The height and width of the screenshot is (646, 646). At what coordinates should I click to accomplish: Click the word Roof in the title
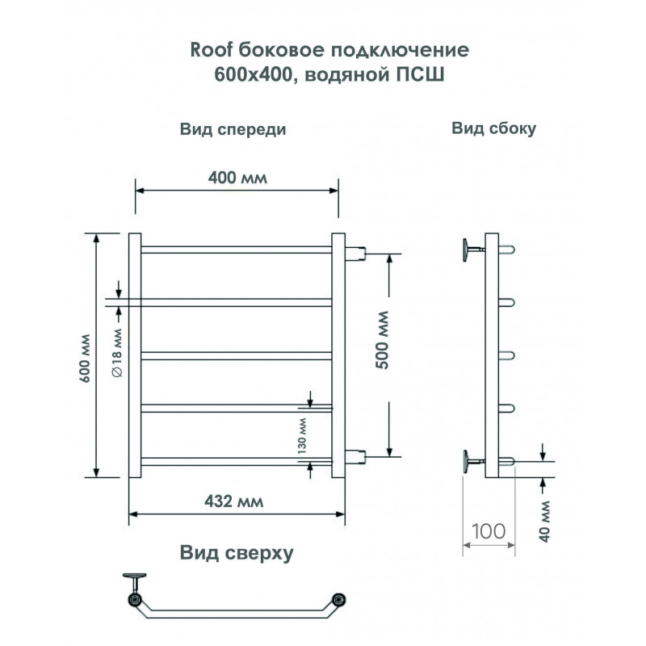211,50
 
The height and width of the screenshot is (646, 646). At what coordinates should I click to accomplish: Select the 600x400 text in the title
253,75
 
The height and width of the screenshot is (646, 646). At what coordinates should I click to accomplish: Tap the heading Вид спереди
233,129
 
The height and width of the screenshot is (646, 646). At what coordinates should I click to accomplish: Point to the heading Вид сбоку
493,128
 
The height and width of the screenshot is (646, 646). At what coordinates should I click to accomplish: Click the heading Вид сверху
237,553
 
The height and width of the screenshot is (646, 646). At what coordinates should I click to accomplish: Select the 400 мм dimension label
237,178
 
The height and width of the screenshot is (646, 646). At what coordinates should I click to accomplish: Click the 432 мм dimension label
233,501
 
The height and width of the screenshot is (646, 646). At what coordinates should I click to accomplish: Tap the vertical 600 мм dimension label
85,358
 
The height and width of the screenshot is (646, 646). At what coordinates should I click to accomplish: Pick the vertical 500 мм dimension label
382,340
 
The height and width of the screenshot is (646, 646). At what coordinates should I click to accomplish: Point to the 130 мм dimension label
302,435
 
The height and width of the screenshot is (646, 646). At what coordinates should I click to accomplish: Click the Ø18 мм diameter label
117,353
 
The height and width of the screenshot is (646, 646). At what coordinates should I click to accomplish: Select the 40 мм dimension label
544,522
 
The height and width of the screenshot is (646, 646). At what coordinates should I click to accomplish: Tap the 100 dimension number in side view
489,531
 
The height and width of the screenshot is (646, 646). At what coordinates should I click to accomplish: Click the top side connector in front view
355,254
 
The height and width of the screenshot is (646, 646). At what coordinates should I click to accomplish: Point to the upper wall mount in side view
472,250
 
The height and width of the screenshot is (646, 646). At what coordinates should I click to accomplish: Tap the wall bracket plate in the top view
134,575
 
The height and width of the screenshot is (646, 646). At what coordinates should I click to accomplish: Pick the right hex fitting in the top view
338,599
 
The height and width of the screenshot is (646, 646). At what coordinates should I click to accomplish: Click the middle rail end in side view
507,355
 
